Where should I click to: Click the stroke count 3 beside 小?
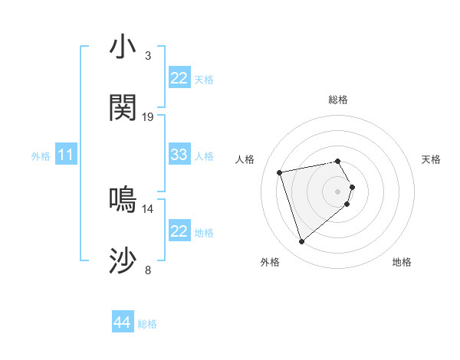point(148,56)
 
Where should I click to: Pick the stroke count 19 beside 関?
point(148,117)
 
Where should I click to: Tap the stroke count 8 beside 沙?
point(148,270)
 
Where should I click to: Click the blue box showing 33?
point(179,155)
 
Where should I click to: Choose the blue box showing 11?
point(66,155)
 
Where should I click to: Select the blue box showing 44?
point(123,322)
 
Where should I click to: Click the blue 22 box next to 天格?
point(179,78)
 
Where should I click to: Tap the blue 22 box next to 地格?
point(179,231)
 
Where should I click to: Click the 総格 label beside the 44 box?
point(147,324)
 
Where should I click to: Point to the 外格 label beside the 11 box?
point(41,156)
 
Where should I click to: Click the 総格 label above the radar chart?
point(338,100)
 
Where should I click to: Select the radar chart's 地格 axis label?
point(402,263)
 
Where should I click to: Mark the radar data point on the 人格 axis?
point(280,172)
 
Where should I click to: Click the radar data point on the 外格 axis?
point(301,241)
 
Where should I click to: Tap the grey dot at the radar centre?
point(338,191)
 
